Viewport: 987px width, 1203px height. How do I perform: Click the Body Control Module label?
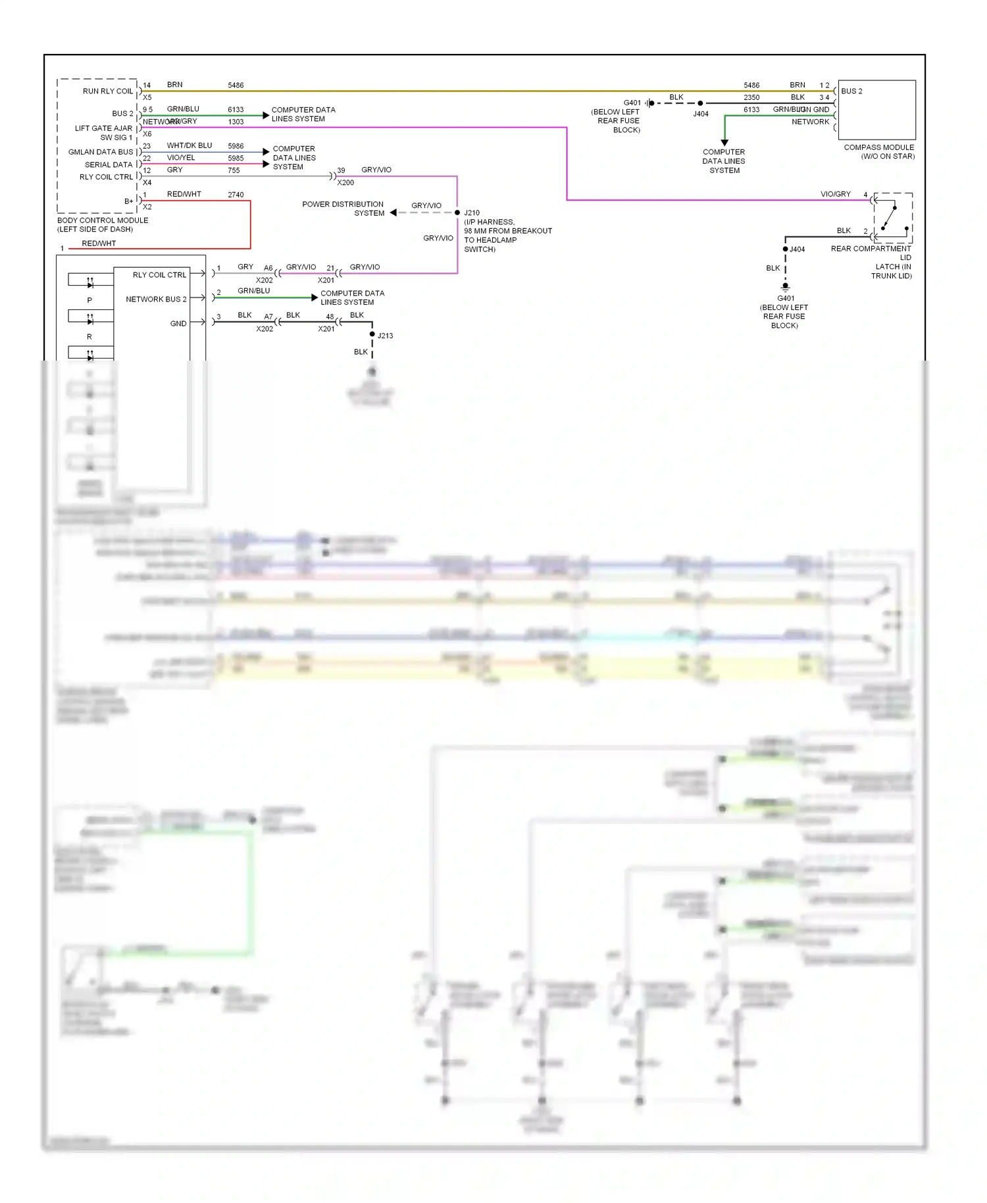pyautogui.click(x=102, y=224)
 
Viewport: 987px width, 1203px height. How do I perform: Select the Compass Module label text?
pyautogui.click(x=878, y=151)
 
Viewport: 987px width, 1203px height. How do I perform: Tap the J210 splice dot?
pyautogui.click(x=457, y=213)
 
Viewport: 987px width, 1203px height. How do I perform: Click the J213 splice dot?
pyautogui.click(x=372, y=334)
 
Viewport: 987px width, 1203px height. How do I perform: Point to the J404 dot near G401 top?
pyautogui.click(x=700, y=103)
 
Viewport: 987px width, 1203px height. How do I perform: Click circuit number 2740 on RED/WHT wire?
pyautogui.click(x=236, y=195)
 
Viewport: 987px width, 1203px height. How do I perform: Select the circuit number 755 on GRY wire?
pyautogui.click(x=234, y=170)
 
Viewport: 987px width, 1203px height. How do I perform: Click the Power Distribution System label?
pyautogui.click(x=343, y=209)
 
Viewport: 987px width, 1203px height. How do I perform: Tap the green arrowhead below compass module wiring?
pyautogui.click(x=724, y=142)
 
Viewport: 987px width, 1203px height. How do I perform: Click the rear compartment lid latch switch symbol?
pyautogui.click(x=892, y=217)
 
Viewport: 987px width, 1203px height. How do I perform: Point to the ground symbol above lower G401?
pyautogui.click(x=785, y=287)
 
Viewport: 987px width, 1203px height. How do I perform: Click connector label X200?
pyautogui.click(x=345, y=183)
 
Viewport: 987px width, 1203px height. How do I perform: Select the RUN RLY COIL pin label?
pyautogui.click(x=107, y=91)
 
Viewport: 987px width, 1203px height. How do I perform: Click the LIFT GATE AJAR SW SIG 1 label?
pyautogui.click(x=103, y=133)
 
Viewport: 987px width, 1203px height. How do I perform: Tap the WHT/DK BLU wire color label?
pyautogui.click(x=190, y=145)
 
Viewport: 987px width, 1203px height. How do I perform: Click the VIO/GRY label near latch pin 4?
pyautogui.click(x=835, y=194)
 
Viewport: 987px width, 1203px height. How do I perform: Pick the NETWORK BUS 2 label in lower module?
pyautogui.click(x=156, y=299)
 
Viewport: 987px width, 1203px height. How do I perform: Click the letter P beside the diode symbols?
pyautogui.click(x=89, y=300)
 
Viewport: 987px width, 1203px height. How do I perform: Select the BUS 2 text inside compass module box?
pyautogui.click(x=851, y=91)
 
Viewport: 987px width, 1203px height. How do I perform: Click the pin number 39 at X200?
pyautogui.click(x=341, y=170)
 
